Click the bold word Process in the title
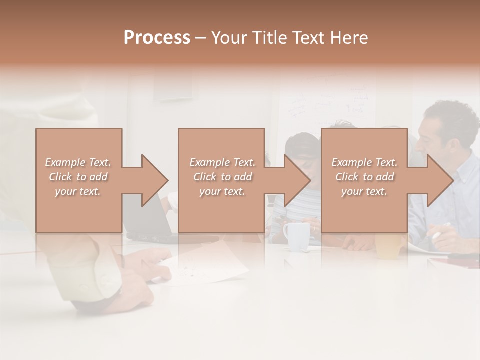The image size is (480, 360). click(157, 38)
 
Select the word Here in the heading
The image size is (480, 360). click(349, 38)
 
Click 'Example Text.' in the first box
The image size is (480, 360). click(78, 162)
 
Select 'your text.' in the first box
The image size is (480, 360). click(78, 191)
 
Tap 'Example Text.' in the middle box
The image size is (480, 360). click(222, 162)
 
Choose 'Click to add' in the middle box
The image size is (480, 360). click(222, 177)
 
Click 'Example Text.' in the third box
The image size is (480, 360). click(364, 162)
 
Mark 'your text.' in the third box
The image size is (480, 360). click(364, 191)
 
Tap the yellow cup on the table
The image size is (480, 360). click(388, 246)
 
